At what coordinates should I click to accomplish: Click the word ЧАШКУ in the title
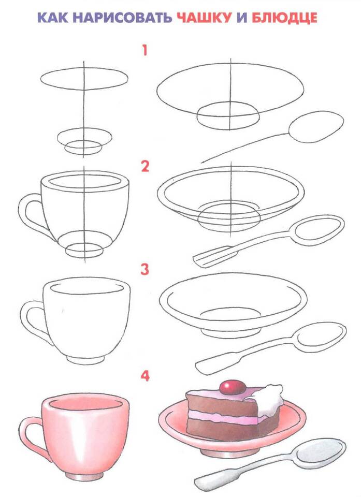[x=204, y=18]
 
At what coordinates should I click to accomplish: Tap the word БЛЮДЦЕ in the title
[x=284, y=18]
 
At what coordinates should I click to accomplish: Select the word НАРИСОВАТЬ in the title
[x=123, y=18]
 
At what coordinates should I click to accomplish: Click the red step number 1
[x=145, y=50]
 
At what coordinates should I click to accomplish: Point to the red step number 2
[x=145, y=167]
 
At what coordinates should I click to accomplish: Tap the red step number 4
[x=145, y=376]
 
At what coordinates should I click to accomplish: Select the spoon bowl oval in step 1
[x=316, y=127]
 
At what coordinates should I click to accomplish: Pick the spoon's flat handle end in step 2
[x=209, y=256]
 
